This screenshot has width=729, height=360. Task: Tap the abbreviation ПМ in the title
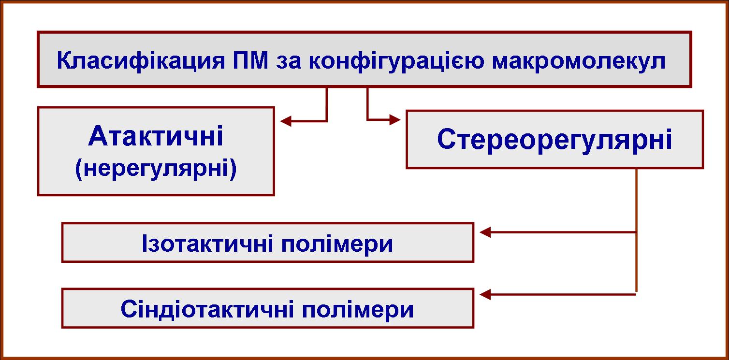point(250,60)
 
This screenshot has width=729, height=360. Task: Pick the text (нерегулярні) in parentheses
point(156,169)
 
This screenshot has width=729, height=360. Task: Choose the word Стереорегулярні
point(554,139)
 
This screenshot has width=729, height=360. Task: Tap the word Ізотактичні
point(207,244)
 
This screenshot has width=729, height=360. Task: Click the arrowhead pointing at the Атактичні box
point(286,121)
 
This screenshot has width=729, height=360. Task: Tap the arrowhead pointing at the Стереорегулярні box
point(395,120)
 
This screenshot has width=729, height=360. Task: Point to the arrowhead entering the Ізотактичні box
point(485,232)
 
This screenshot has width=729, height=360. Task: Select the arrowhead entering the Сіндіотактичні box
point(485,295)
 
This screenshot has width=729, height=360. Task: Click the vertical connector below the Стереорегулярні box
point(636,230)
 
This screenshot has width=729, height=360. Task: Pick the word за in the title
point(289,62)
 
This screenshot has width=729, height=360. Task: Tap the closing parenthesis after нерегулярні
point(233,169)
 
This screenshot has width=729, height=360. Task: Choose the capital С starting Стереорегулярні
point(447,139)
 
